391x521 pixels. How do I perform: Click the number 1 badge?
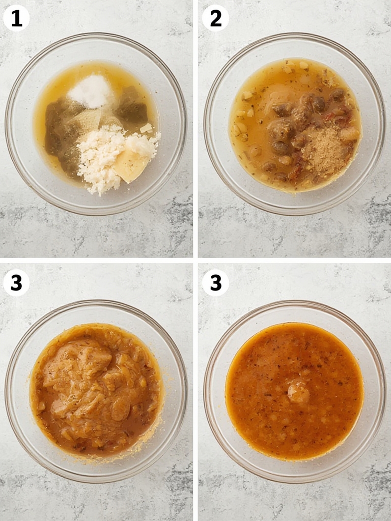16,19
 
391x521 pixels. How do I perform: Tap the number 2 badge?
215,19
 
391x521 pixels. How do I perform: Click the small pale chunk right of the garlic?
146,128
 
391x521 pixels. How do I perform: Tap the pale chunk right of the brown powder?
350,134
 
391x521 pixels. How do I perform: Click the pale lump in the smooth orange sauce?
298,392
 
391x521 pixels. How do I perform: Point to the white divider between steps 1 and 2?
195,127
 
